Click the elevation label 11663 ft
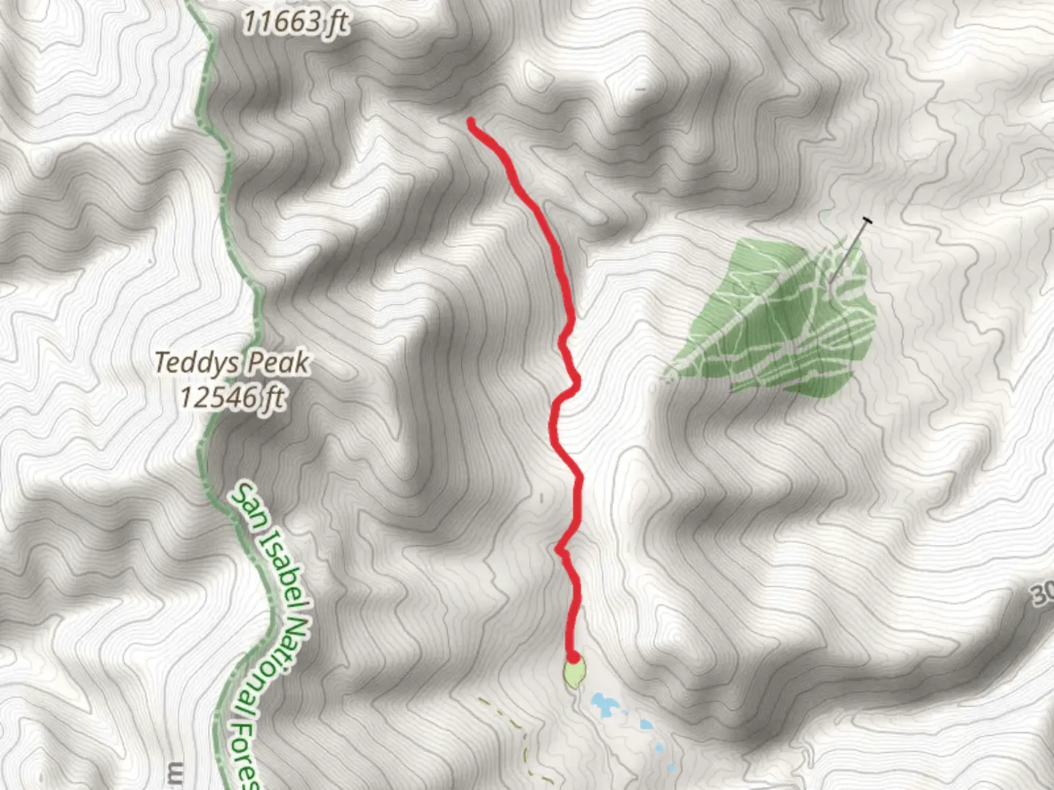point(295,23)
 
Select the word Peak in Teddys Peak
point(279,363)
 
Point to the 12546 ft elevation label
point(232,398)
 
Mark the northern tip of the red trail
point(471,122)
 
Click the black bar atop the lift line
point(867,220)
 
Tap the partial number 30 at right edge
point(1044,598)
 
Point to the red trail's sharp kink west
point(558,548)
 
